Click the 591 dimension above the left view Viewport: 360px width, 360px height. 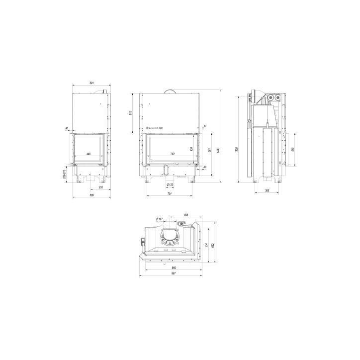pyautogui.click(x=91, y=83)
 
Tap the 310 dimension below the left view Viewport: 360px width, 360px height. pyautogui.click(x=100, y=188)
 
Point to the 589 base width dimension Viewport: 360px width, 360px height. pyautogui.click(x=91, y=195)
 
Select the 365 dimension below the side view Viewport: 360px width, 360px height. pyautogui.click(x=267, y=190)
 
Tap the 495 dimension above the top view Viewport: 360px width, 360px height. pyautogui.click(x=185, y=215)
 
